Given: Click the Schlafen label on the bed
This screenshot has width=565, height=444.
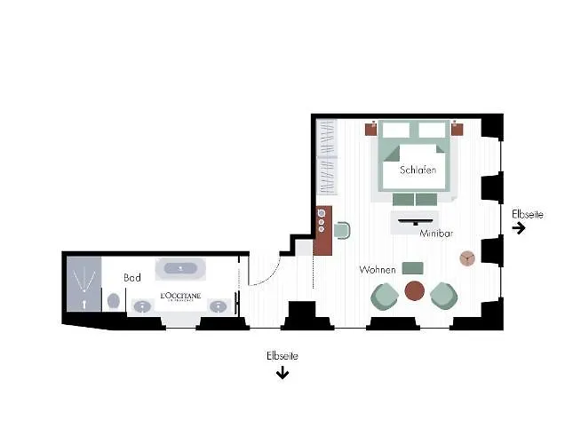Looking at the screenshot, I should [x=418, y=170].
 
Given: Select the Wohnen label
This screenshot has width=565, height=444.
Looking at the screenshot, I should [x=377, y=269].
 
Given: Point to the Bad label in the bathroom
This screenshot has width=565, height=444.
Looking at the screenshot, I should [x=132, y=278].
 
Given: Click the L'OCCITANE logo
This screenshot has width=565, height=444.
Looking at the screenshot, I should [x=180, y=297].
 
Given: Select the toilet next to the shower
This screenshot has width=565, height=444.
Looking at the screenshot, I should [x=115, y=301].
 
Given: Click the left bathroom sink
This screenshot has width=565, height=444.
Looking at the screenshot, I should [x=142, y=307].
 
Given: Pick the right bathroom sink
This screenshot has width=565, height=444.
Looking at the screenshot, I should [x=217, y=307].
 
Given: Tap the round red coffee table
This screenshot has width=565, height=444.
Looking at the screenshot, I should [x=415, y=290].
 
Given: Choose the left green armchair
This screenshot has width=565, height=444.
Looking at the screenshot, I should [x=386, y=295].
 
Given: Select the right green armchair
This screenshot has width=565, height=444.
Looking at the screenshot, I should [x=443, y=295].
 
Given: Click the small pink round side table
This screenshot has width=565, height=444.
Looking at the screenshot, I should [x=467, y=258].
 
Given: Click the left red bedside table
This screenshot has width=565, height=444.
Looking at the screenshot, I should [x=370, y=128].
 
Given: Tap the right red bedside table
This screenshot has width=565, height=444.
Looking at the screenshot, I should [x=457, y=128].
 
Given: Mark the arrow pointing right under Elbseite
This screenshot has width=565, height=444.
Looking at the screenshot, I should [x=519, y=228].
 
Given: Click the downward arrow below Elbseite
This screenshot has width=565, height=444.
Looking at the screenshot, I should [x=282, y=373].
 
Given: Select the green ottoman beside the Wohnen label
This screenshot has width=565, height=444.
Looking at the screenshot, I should [x=412, y=268].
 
